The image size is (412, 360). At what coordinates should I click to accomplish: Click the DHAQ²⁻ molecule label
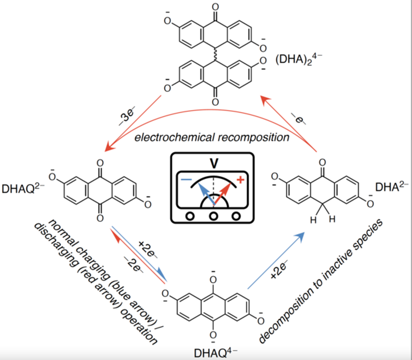[x=23, y=188]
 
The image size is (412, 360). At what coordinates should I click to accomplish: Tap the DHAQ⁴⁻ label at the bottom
[x=216, y=353]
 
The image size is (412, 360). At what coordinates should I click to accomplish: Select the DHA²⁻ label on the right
[x=392, y=187]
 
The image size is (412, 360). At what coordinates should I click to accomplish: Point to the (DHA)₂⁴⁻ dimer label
[x=299, y=59]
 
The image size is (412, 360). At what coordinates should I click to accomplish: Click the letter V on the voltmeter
[x=214, y=163]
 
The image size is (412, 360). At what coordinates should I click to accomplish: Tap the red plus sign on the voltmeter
[x=240, y=180]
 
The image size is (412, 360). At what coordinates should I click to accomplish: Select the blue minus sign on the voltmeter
[x=186, y=180]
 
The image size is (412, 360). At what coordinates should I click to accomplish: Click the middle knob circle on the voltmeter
[x=213, y=216]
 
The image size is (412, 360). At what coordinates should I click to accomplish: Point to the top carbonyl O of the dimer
[x=215, y=7]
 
